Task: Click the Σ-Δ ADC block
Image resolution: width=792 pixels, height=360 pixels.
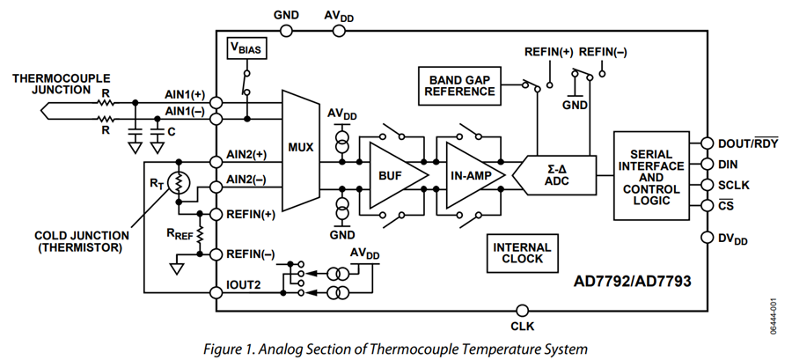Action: [x=554, y=174]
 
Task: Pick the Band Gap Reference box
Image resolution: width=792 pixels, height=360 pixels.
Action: [x=459, y=86]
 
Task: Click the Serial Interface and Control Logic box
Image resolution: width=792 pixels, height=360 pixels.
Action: [x=651, y=176]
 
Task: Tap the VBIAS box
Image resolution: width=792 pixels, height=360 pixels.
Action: [x=246, y=49]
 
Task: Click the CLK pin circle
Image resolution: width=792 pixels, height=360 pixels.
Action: [x=523, y=310]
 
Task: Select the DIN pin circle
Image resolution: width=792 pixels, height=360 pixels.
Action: [x=708, y=164]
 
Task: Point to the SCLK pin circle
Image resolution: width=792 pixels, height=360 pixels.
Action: [x=708, y=185]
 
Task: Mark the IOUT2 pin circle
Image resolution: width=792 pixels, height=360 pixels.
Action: [x=216, y=292]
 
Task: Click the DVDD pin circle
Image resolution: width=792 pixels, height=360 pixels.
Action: [x=708, y=238]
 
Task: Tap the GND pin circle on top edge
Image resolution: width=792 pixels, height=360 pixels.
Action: [x=286, y=31]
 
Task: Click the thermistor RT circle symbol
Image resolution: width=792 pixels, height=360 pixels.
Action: [x=179, y=183]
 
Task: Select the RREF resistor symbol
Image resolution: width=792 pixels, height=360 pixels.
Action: [x=200, y=232]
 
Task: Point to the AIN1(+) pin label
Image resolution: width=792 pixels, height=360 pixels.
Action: [x=185, y=94]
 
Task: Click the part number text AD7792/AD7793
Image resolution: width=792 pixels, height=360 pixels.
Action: [x=632, y=282]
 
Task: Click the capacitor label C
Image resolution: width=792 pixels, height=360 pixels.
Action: [x=172, y=132]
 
